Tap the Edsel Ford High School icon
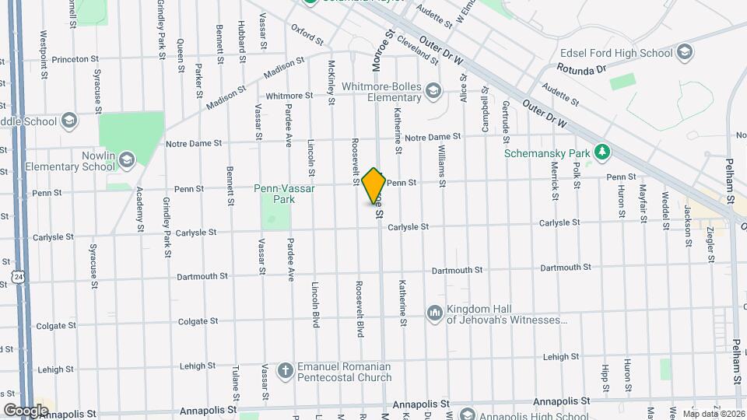click(x=685, y=53)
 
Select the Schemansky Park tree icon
click(x=600, y=152)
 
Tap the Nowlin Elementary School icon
click(x=126, y=160)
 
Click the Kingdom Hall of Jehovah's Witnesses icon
click(x=433, y=313)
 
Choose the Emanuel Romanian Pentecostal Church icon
click(x=286, y=371)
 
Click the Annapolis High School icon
click(x=467, y=415)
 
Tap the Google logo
click(x=26, y=410)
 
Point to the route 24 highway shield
click(x=17, y=277)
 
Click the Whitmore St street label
click(x=289, y=96)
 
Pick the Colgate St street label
click(x=196, y=320)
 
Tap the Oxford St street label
click(x=307, y=34)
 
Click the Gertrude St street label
click(x=507, y=115)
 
